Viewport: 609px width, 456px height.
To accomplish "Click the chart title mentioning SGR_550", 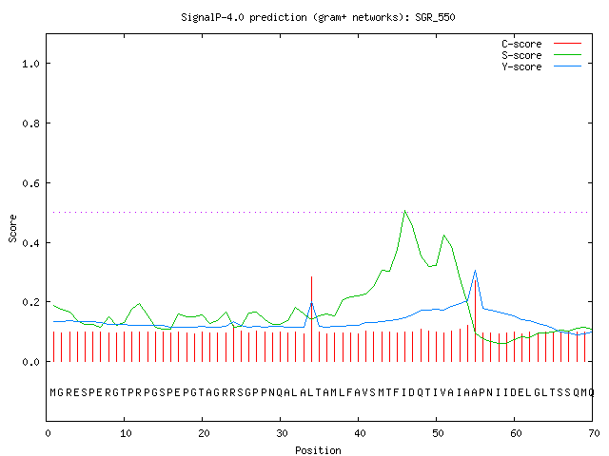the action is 318,17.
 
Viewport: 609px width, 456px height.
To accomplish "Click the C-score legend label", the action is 521,44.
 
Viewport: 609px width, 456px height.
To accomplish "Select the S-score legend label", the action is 521,55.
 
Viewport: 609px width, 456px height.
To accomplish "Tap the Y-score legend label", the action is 521,66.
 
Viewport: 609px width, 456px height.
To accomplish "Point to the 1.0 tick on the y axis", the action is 30,64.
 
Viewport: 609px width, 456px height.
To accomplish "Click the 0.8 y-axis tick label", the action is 30,123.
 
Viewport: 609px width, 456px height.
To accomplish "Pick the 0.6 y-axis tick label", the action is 30,183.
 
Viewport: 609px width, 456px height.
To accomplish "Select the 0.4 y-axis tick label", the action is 30,243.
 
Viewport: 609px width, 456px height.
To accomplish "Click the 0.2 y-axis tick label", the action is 30,302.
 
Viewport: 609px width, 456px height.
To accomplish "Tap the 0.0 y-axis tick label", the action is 30,362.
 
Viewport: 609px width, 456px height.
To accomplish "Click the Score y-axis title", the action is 12,228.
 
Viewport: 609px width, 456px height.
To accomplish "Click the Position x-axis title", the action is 318,450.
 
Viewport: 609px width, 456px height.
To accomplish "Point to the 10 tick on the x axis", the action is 126,433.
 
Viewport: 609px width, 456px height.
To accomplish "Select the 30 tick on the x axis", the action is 282,433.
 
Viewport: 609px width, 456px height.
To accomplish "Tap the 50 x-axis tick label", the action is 438,433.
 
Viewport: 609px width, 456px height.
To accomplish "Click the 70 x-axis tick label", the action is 594,433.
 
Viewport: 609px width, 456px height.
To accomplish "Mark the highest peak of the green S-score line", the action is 404,211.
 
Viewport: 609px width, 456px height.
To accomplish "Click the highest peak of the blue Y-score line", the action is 475,270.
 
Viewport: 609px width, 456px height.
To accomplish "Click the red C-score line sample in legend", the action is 567,44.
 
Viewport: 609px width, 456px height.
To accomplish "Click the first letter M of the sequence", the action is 53,392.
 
